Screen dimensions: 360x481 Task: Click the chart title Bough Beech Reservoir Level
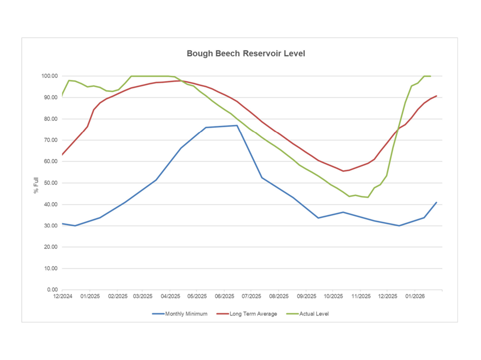point(246,53)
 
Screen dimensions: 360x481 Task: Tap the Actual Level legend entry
point(314,314)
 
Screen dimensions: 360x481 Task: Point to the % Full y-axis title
point(36,183)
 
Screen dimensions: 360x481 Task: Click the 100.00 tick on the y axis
point(50,76)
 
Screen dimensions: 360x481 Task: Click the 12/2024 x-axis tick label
point(62,296)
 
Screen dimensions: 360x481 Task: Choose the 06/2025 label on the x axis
point(224,296)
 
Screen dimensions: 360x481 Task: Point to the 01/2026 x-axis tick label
point(415,296)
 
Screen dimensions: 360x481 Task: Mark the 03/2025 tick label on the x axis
point(143,296)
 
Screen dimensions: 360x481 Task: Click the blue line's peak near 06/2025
point(237,125)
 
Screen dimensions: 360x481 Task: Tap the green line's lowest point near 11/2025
point(368,197)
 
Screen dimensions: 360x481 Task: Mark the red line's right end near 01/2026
point(437,96)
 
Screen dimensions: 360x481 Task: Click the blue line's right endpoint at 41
point(437,202)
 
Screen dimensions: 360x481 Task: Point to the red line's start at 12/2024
point(62,155)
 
